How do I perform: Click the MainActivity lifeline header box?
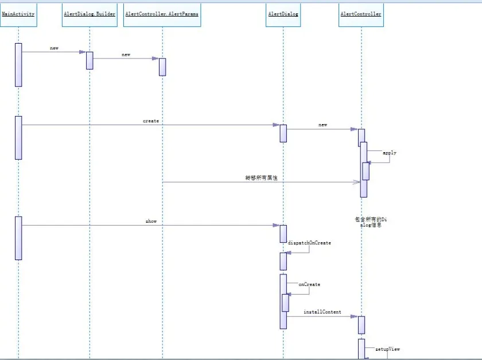tap(18, 14)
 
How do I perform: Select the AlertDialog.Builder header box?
tap(90, 14)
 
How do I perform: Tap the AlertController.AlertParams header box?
tap(162, 14)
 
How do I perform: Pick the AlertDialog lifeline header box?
tap(283, 14)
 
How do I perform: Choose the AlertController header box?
tap(361, 14)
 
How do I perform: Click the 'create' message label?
tap(151, 121)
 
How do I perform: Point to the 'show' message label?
tap(151, 221)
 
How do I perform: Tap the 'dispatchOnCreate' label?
tap(309, 243)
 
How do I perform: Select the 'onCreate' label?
tap(309, 284)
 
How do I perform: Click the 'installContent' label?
tap(322, 312)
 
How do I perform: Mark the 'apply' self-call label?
tap(390, 153)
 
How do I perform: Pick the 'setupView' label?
tap(387, 349)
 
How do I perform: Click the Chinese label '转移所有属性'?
tap(261, 179)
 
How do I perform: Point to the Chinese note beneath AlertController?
tap(367, 222)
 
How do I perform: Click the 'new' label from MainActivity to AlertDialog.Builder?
tap(54, 48)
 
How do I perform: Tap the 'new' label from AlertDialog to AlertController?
tap(323, 125)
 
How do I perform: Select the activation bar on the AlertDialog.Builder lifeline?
tap(90, 60)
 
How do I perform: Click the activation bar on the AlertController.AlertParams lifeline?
tap(162, 67)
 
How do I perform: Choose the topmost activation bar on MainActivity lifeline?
tap(18, 65)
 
